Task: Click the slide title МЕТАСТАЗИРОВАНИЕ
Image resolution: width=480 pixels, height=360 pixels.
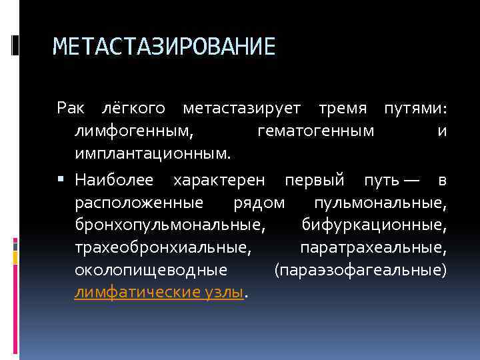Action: [x=163, y=47]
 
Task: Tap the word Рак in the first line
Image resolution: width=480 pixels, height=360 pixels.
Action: [x=71, y=108]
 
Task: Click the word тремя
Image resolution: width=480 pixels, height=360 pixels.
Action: [x=343, y=108]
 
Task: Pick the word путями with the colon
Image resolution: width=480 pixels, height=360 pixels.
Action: [x=414, y=108]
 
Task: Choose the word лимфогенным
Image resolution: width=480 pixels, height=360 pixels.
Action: [x=134, y=131]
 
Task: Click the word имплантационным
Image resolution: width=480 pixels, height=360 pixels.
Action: [x=153, y=154]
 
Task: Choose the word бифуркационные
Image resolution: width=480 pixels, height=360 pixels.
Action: [x=374, y=225]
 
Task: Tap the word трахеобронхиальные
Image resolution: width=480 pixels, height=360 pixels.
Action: [x=163, y=248]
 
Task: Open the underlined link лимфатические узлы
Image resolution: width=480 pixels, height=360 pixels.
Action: [x=159, y=293]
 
